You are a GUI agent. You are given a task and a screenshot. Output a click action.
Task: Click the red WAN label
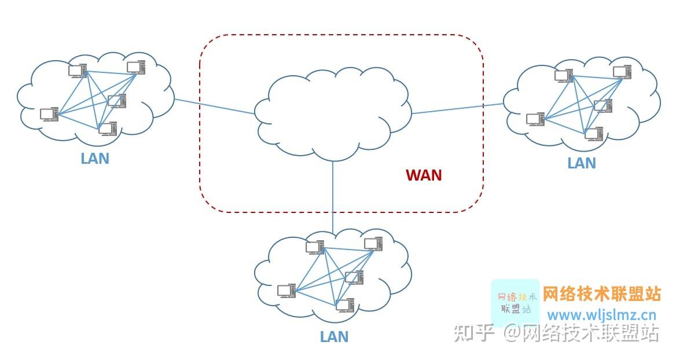coord(424,175)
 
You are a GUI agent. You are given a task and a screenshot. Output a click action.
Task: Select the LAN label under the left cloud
coord(95,158)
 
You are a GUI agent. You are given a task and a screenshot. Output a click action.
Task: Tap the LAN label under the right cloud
coord(581,163)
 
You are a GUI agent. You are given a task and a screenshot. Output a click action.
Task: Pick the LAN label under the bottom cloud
coord(334,336)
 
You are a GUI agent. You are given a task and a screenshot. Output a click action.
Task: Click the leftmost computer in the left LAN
coord(49,114)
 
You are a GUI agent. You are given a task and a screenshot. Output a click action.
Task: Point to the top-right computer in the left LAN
coord(137,68)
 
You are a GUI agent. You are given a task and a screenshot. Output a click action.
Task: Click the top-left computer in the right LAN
coord(563,76)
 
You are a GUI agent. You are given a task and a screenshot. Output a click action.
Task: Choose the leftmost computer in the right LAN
coord(535,119)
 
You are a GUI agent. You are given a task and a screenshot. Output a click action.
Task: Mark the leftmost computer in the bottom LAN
coord(286,291)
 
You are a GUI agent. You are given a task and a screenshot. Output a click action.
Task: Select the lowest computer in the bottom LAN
coord(345,305)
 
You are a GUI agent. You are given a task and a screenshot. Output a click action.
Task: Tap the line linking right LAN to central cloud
coord(457,109)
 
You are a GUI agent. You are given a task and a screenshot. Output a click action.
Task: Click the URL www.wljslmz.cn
coord(602,315)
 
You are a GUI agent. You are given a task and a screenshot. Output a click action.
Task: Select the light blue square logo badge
coord(515,302)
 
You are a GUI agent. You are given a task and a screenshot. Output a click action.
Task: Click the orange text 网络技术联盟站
coord(602,294)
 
